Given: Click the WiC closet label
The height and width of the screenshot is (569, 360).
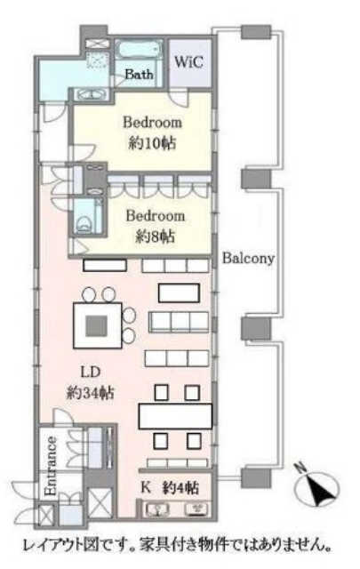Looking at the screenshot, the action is coord(188,62).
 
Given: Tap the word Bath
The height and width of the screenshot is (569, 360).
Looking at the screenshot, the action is coord(139,75).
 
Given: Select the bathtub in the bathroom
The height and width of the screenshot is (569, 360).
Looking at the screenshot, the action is coord(138,49).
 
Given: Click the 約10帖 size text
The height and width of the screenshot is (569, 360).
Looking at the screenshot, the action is coord(153,144).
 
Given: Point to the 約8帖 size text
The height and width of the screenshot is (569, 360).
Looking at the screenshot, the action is coord(156,237).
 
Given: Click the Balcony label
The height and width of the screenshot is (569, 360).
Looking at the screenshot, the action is coord(248,258).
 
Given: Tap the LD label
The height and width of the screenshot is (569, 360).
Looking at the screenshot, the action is coord(90,372).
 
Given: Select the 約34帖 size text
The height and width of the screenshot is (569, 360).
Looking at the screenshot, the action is coord(91,393).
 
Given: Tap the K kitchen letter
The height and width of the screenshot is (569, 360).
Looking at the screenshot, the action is coord(146,487).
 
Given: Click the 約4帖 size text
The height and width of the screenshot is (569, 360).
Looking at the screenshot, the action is coord(180,488).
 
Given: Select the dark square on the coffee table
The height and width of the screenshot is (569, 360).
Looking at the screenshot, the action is coord(96,325).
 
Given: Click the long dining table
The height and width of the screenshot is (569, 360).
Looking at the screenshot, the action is coord(176,416).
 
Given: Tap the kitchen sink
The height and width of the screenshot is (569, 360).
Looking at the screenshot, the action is coord(157,509).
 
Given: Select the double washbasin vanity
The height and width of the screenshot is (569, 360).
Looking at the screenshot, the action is coord(92,94).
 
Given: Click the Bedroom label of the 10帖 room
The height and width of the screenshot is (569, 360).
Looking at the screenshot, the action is coord(152,123).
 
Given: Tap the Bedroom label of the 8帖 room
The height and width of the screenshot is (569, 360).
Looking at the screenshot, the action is coord(156,216).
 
